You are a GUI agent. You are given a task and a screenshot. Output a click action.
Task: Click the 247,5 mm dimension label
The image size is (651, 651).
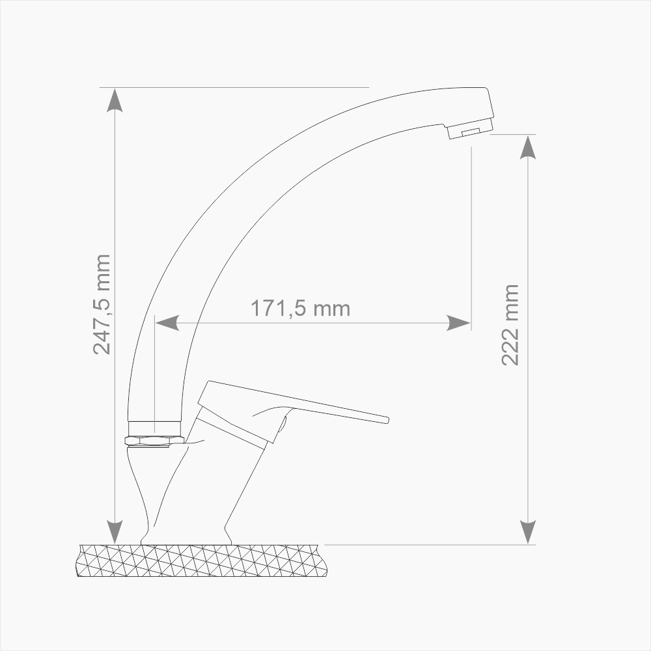pos(102,304)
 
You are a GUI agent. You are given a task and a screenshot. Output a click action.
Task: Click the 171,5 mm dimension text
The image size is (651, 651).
pos(300,309)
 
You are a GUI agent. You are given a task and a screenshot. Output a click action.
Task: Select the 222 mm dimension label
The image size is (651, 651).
pos(510,325)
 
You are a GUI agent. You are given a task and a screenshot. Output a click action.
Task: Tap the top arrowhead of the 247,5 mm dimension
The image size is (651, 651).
pos(115,100)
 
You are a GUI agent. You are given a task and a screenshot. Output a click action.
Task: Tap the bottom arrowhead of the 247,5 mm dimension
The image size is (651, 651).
pos(115,532)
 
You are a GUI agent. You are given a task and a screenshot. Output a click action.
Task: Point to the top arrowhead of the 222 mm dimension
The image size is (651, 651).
pos(528,147)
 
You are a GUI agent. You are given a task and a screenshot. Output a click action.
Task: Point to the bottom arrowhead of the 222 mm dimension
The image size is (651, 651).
pos(528,532)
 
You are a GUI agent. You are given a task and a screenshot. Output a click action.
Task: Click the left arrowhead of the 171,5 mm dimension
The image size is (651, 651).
pos(167,323)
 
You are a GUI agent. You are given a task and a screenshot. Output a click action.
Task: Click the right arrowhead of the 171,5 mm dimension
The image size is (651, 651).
pos(458,323)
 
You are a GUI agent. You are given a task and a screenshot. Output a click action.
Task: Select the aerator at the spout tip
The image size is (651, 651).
pos(471,129)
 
